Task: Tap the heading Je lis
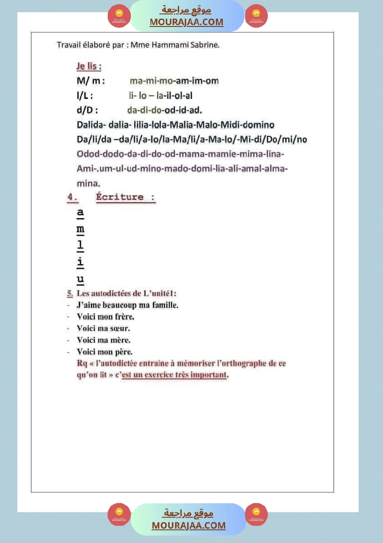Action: point(89,66)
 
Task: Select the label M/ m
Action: point(91,81)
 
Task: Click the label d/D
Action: point(87,110)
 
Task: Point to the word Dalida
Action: point(90,125)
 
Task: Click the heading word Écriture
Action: point(120,197)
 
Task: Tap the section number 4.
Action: point(72,197)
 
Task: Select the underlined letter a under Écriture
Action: point(80,213)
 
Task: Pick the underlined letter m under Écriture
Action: point(80,229)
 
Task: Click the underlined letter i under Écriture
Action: point(80,262)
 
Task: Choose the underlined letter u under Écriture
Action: point(80,279)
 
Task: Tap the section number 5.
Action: point(70,294)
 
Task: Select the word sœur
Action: point(120,328)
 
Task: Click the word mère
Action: point(120,340)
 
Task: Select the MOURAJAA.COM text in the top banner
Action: point(186,22)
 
